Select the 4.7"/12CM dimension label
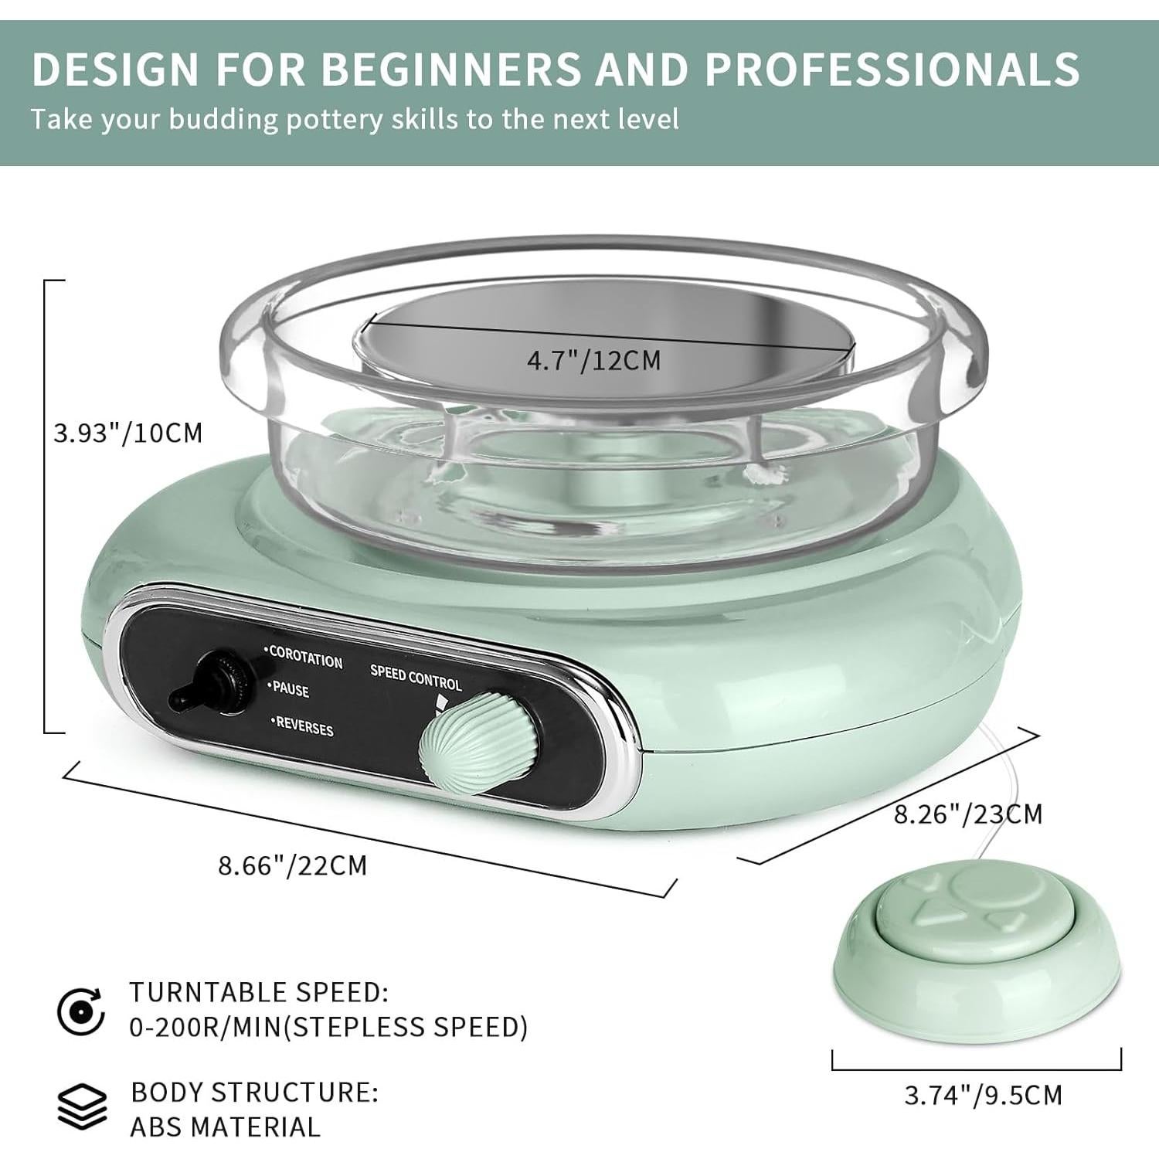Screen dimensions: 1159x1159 [x=594, y=361]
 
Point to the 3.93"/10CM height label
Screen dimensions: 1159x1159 [x=127, y=433]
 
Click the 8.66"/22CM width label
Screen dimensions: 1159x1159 [x=292, y=865]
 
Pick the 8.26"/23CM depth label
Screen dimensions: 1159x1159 [x=968, y=814]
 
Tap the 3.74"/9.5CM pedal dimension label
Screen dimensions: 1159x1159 [x=983, y=1095]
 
